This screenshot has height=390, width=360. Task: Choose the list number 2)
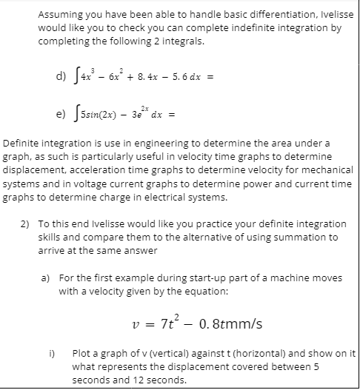(24, 223)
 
